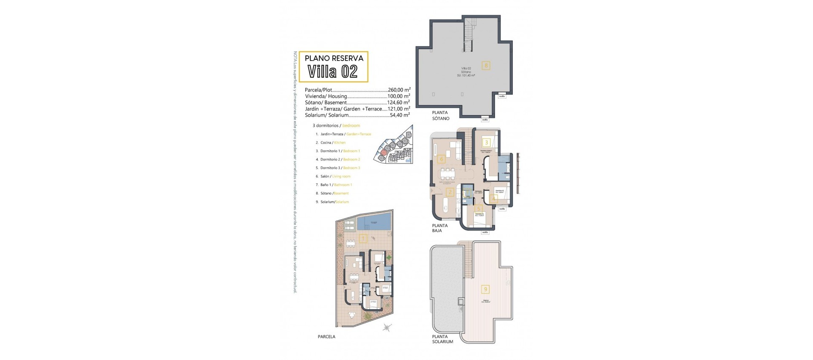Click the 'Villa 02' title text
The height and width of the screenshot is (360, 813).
(333, 72)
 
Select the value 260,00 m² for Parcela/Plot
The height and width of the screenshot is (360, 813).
(399, 90)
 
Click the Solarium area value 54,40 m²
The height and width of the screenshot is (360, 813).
(399, 115)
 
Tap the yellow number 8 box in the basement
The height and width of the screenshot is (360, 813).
(486, 66)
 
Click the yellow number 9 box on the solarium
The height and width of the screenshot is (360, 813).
(485, 289)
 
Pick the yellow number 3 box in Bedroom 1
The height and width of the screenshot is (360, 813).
(487, 143)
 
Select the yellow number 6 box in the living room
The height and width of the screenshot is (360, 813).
(442, 159)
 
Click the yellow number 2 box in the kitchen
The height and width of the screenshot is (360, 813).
(450, 192)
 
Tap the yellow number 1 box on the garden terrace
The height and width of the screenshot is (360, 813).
(362, 239)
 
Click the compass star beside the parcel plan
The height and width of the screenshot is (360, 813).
(387, 327)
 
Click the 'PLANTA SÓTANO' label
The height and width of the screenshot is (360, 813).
(440, 116)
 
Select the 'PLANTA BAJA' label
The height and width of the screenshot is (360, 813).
(440, 228)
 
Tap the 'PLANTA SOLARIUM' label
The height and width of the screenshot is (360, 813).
(442, 339)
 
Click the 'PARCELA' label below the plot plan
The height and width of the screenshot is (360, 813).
(326, 337)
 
